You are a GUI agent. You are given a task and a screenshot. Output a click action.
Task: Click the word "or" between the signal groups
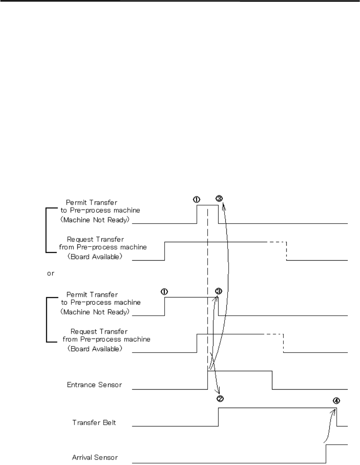50,274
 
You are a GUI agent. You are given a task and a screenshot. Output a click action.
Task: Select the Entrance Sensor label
94,385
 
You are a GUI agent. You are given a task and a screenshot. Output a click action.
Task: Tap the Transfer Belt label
94,422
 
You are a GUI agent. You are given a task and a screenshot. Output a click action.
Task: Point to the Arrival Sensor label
95,458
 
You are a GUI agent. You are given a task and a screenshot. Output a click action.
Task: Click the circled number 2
220,398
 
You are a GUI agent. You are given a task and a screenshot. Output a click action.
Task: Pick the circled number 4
336,401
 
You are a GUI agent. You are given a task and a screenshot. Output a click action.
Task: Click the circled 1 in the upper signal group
196,200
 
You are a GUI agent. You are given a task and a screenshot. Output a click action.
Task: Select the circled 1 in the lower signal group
165,292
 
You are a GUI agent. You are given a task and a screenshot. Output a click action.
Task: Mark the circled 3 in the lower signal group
218,291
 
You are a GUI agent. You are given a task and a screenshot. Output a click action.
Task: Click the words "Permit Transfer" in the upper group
91,203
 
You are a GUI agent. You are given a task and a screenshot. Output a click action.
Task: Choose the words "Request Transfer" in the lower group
99,332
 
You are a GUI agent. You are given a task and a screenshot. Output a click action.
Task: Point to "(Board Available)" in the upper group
95,257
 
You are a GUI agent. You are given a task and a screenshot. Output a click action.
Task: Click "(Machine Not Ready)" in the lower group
96,312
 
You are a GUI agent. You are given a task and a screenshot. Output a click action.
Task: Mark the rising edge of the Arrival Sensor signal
326,454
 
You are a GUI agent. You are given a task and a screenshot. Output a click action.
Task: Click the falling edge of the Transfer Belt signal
337,417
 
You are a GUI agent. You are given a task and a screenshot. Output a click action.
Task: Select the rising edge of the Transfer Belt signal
219,417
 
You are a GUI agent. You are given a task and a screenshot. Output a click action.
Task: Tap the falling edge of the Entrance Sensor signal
272,380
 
